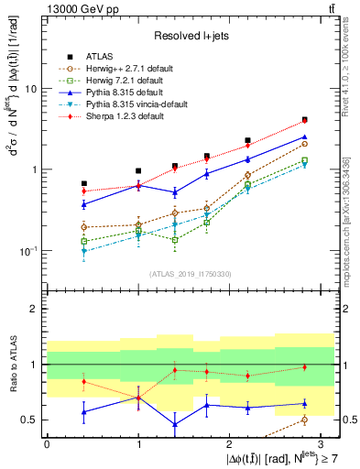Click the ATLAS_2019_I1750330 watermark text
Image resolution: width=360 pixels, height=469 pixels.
click(189, 274)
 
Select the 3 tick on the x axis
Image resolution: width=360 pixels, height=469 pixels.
click(320, 443)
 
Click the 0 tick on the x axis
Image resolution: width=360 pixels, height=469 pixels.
click(47, 443)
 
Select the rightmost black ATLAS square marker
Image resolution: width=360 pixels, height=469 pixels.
click(304, 119)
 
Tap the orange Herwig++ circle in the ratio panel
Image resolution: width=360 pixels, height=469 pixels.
click(304, 420)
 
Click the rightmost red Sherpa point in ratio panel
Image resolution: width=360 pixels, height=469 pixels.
click(304, 367)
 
